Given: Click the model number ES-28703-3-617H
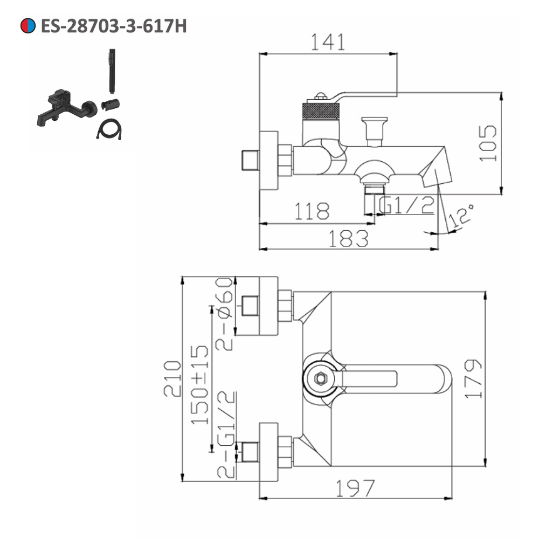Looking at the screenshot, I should (x=113, y=25).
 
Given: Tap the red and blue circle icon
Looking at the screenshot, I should (x=28, y=25).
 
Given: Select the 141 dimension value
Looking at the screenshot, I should (x=327, y=42).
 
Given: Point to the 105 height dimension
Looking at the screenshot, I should (x=488, y=143).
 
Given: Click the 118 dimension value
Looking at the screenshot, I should (x=311, y=211).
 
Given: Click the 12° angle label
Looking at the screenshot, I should (x=461, y=216).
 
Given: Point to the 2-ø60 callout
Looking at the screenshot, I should (x=224, y=314).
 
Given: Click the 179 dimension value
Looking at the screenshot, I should (x=473, y=379).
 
